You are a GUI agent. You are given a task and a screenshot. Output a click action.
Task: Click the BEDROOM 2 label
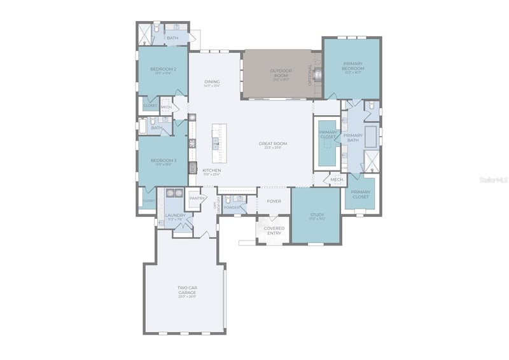tap(163, 69)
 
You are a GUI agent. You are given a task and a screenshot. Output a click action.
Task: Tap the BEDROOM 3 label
tap(163, 160)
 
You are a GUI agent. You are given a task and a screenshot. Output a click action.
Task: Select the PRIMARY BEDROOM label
tap(353, 66)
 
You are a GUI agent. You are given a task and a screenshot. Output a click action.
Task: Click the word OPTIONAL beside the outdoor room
tap(310, 74)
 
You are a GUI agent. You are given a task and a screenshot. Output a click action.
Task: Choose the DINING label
tap(212, 82)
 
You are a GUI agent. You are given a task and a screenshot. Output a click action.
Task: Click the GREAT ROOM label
tap(273, 144)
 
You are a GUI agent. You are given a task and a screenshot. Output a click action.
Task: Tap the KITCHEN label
tap(212, 170)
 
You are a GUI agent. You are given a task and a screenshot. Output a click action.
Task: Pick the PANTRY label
tap(197, 198)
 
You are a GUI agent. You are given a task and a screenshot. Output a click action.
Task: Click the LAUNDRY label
tap(175, 215)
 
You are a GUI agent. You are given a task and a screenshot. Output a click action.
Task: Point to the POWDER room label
tap(232, 207)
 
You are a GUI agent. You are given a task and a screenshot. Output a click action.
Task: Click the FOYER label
tap(274, 201)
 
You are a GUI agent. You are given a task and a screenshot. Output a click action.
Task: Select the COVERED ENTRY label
tap(274, 230)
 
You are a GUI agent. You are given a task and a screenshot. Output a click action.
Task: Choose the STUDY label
tap(317, 215)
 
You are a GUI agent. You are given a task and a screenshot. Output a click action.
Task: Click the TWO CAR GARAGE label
tap(186, 290)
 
